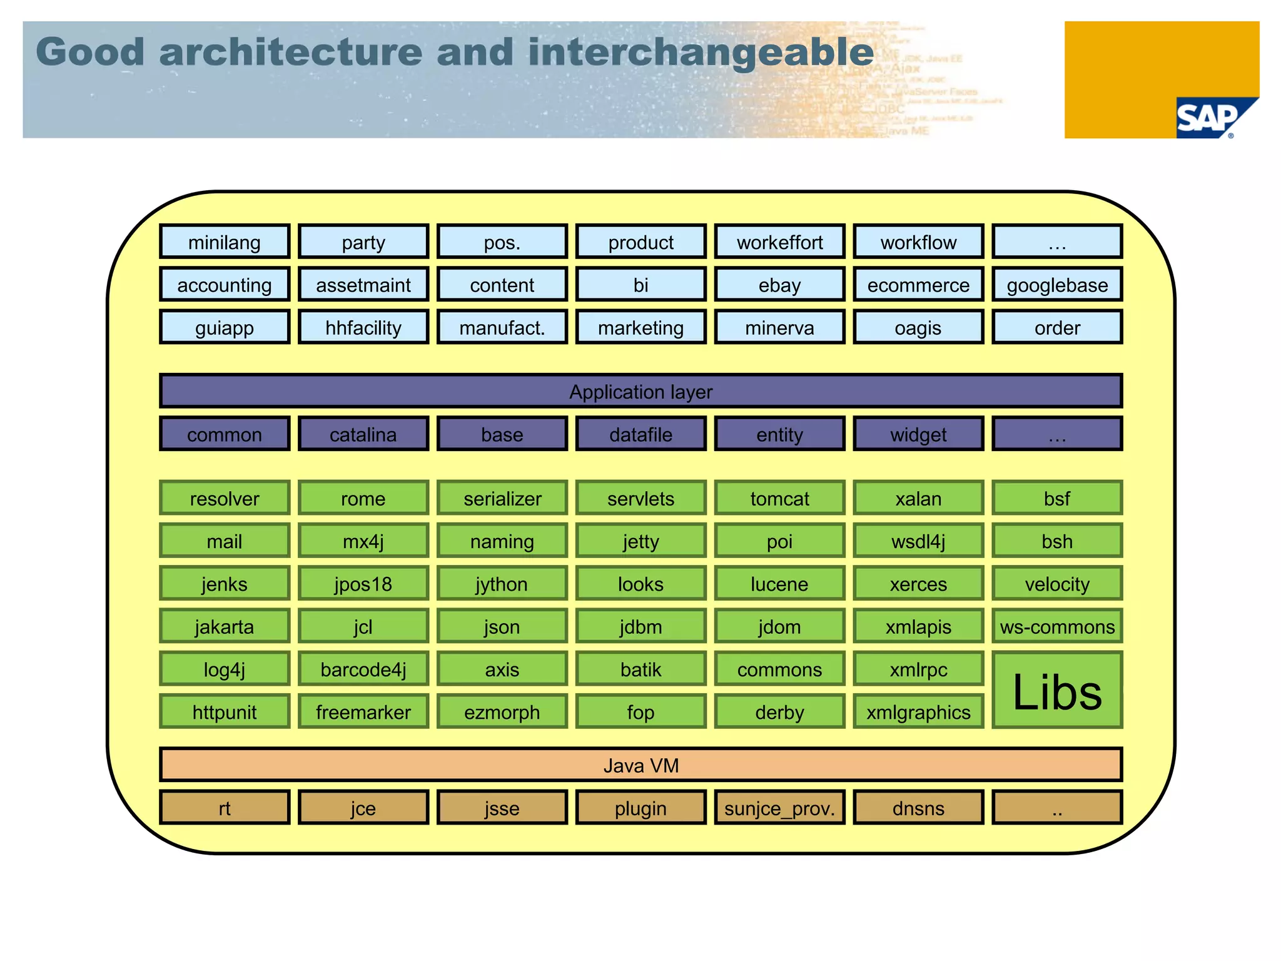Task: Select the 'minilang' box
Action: click(x=225, y=242)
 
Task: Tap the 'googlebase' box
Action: click(x=1057, y=285)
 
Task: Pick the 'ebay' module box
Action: click(x=779, y=285)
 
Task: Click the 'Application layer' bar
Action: click(x=640, y=392)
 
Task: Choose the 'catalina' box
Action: click(x=363, y=434)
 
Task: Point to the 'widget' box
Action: click(x=918, y=434)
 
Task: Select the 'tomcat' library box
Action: click(x=779, y=499)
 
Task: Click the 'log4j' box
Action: click(x=225, y=669)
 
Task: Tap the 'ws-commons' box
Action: click(x=1057, y=626)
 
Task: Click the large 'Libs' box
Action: click(x=1057, y=691)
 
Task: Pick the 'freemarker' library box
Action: click(x=363, y=712)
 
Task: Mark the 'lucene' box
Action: click(x=779, y=584)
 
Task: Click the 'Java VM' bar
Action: click(x=640, y=765)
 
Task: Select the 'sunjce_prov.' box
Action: click(x=779, y=808)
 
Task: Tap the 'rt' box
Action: click(x=225, y=808)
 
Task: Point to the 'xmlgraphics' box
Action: click(x=918, y=712)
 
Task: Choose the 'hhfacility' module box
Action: click(x=363, y=327)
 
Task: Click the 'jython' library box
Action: click(x=502, y=584)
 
